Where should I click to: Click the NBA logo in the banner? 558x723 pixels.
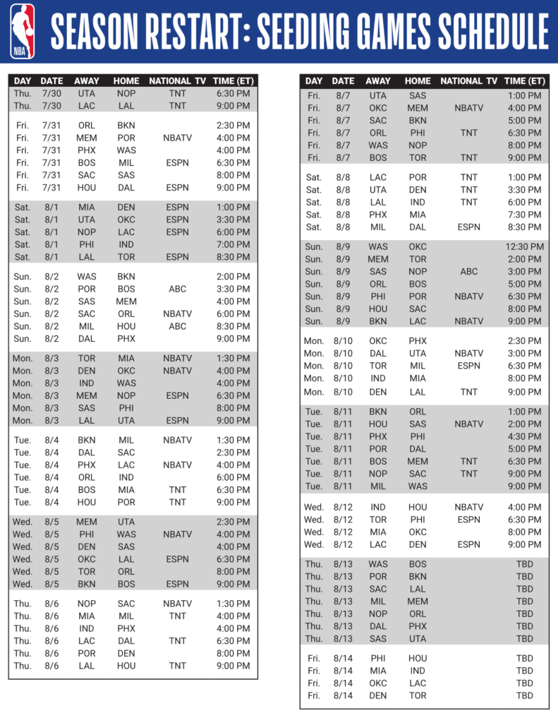(x=23, y=31)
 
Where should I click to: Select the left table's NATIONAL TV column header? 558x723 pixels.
(x=177, y=81)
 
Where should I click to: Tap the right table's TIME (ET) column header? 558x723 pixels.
(x=525, y=81)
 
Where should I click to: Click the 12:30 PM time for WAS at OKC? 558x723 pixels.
(x=525, y=246)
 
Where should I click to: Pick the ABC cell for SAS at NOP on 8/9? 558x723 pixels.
(x=468, y=271)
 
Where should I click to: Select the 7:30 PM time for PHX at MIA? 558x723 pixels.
(x=525, y=215)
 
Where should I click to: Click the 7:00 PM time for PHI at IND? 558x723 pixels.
(x=233, y=244)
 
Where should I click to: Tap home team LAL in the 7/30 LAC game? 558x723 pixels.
(x=126, y=106)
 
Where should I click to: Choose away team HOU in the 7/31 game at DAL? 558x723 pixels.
(x=87, y=188)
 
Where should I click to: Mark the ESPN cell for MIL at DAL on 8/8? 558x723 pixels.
(x=468, y=227)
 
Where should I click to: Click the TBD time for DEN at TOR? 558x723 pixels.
(x=525, y=695)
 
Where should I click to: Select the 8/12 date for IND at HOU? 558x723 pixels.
(x=343, y=507)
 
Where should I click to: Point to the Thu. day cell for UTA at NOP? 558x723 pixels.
(x=23, y=93)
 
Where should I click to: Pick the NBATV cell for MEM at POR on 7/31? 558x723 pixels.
(x=177, y=138)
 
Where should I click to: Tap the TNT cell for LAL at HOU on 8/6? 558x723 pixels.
(x=177, y=666)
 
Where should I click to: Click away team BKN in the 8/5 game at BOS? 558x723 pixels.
(x=87, y=584)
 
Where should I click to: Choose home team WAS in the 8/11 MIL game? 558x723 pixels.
(x=418, y=486)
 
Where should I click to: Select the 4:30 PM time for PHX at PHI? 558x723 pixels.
(x=525, y=436)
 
